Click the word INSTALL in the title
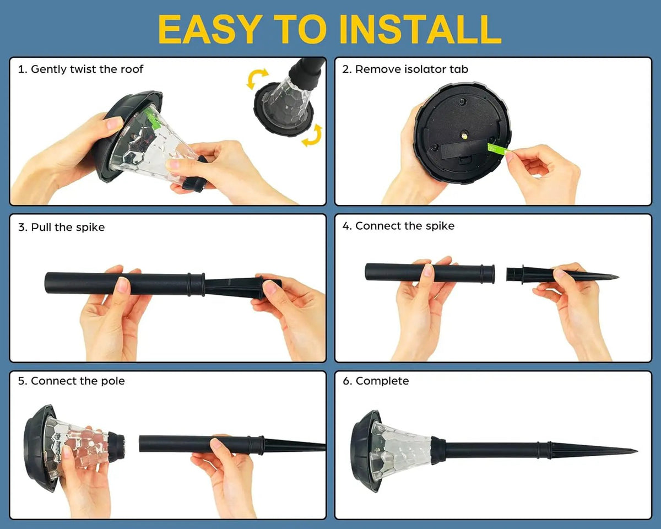(x=420, y=29)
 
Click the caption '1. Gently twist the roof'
(x=80, y=69)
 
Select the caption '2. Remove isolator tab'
(x=405, y=69)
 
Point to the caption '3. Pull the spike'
(x=62, y=227)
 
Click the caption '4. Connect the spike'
(x=398, y=226)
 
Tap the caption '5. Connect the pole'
(x=71, y=381)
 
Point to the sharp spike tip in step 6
(x=637, y=451)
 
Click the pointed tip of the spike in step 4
(x=617, y=277)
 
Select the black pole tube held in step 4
(x=430, y=273)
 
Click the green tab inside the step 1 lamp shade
(x=153, y=118)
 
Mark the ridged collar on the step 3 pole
(x=196, y=285)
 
